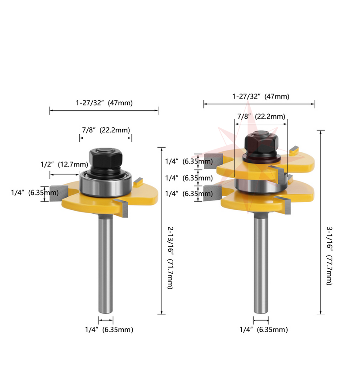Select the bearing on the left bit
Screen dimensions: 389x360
point(107,184)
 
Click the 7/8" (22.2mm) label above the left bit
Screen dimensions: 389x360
point(106,130)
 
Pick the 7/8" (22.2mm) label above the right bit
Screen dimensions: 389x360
point(261,116)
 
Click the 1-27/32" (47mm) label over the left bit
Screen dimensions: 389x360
point(104,103)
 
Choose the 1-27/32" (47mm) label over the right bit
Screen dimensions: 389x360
point(261,96)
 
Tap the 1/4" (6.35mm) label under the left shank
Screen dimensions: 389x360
point(109,330)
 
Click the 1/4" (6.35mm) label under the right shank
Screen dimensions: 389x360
point(264,330)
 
